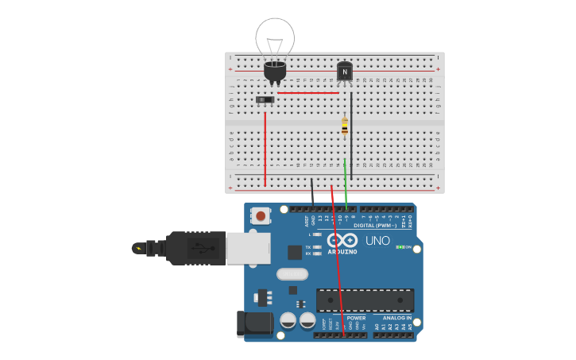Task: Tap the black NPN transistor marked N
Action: (344, 72)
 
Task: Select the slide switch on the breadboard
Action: (265, 99)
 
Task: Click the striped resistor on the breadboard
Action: (345, 126)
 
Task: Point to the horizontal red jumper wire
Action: (308, 93)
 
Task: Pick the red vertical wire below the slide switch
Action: (265, 147)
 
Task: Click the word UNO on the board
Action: (377, 241)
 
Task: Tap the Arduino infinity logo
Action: (342, 240)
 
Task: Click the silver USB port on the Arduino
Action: (248, 248)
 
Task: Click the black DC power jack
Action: (254, 323)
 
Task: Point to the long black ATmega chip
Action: (365, 300)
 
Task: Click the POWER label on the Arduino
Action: (356, 318)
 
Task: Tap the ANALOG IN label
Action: (397, 318)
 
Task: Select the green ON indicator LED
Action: (399, 247)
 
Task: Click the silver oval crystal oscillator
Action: (292, 274)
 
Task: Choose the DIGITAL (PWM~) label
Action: (375, 226)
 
